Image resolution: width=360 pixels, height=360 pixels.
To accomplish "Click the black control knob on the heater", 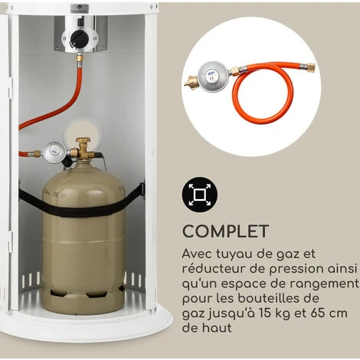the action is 80,39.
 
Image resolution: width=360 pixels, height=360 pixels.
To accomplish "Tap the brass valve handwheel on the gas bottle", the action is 83,140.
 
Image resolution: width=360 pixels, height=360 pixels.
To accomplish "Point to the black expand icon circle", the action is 200,195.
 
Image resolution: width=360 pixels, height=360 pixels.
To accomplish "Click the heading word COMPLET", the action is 225,231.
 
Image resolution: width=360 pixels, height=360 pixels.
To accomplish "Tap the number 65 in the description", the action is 318,313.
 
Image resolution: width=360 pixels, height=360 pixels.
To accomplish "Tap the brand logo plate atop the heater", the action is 80,8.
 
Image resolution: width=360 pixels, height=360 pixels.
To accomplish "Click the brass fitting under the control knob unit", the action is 80,58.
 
